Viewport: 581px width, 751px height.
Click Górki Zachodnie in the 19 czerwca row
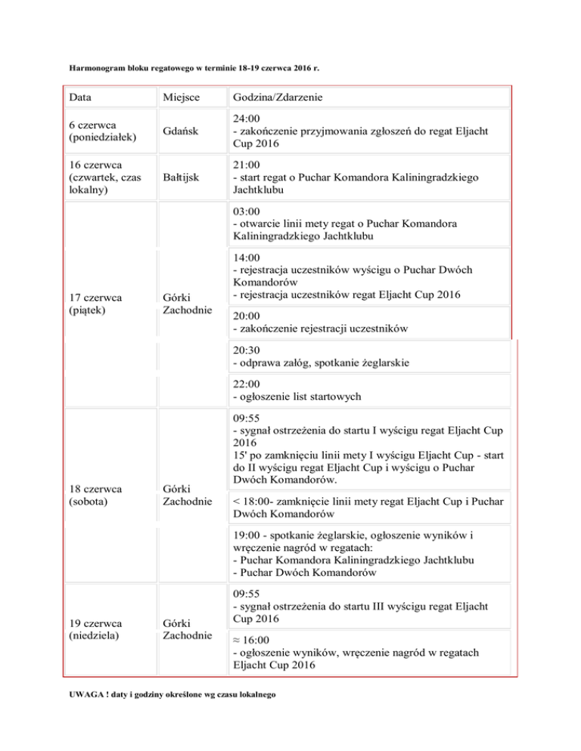(x=186, y=629)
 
